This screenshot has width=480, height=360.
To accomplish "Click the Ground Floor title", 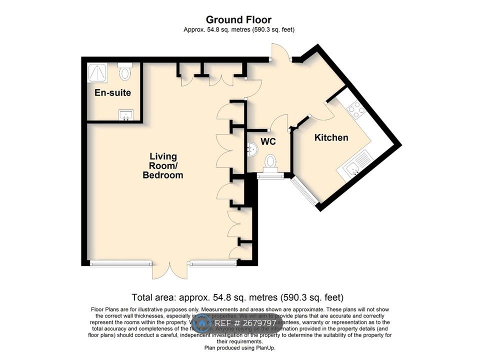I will click(x=239, y=20).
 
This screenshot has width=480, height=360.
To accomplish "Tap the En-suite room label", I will click(x=112, y=93).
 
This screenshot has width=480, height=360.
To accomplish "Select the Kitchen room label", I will click(x=331, y=137).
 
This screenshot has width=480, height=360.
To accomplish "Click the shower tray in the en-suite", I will click(x=97, y=73).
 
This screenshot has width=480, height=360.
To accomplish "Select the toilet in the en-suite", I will click(x=125, y=71).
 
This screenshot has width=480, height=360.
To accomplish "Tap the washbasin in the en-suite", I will click(x=125, y=116).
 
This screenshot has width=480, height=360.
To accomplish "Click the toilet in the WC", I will click(x=270, y=161).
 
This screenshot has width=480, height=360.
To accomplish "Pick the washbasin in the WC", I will click(x=253, y=147).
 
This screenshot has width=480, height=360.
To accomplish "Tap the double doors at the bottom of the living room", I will click(x=170, y=270).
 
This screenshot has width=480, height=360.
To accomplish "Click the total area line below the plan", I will click(x=237, y=297).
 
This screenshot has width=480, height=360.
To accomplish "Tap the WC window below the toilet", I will click(x=270, y=175).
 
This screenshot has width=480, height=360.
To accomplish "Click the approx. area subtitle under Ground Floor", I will click(x=239, y=29).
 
